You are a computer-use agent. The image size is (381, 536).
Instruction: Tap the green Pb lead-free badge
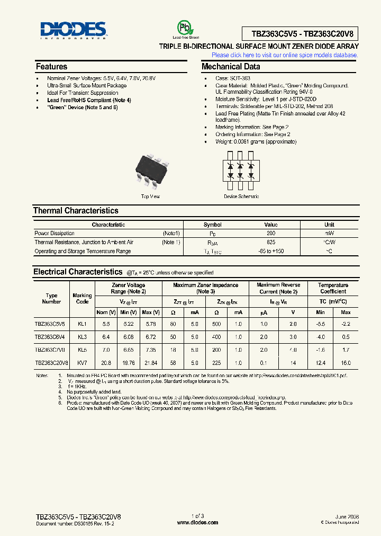(x=183, y=29)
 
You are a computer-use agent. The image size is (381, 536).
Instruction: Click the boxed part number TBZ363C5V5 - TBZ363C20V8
(x=300, y=34)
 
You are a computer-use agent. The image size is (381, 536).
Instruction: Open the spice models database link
(x=285, y=55)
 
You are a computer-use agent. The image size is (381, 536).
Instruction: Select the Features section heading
(x=51, y=67)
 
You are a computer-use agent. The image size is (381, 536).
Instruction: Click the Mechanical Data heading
(x=231, y=67)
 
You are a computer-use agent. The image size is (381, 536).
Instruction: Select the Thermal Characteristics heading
(x=76, y=211)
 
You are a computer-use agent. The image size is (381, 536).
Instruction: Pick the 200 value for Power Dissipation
(x=271, y=233)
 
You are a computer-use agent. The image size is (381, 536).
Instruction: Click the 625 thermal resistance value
(x=271, y=242)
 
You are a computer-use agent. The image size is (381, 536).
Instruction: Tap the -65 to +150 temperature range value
(x=271, y=251)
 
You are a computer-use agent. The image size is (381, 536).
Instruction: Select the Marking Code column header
(x=82, y=299)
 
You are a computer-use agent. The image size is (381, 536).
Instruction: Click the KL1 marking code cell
(x=82, y=323)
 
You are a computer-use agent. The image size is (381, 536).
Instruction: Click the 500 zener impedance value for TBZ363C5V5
(x=216, y=323)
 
